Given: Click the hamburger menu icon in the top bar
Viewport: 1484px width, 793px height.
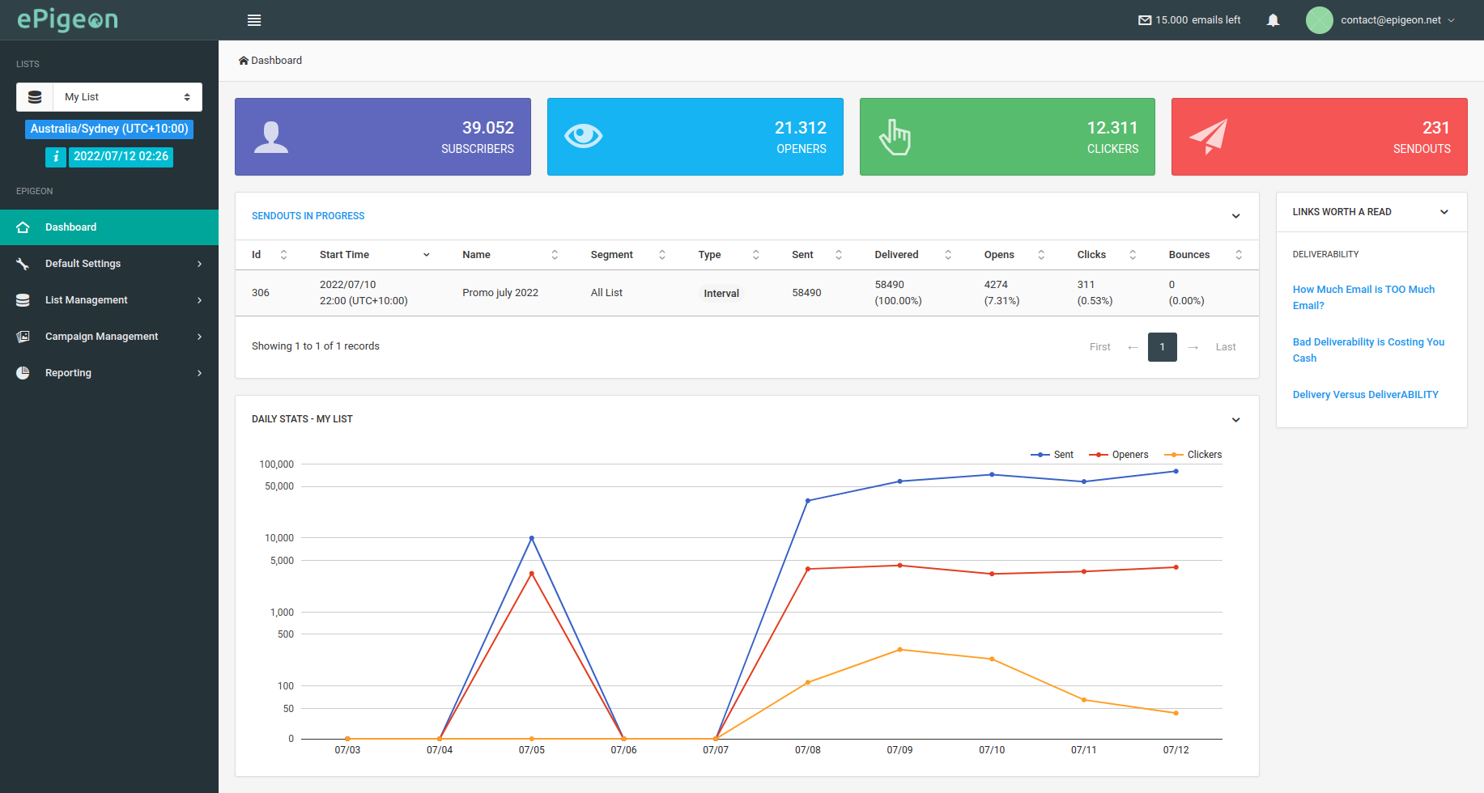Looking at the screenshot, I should click(x=254, y=20).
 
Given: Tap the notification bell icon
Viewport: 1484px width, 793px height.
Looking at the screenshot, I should click(x=1273, y=20).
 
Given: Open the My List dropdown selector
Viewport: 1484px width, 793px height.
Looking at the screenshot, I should click(x=126, y=97).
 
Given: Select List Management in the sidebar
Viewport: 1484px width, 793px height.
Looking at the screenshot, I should click(x=87, y=300).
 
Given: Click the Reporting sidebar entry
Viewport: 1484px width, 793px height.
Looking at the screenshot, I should click(x=69, y=373).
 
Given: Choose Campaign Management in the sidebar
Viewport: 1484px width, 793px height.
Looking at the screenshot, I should click(x=101, y=337).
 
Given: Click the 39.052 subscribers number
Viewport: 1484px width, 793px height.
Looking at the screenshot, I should click(x=487, y=128).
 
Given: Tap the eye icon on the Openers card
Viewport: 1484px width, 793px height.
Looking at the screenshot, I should click(x=583, y=136).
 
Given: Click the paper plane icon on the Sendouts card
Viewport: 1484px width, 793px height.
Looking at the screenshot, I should click(x=1208, y=136).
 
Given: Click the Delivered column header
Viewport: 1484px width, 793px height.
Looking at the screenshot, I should click(x=896, y=255).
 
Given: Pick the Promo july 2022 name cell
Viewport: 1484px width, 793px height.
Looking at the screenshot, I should click(x=500, y=293).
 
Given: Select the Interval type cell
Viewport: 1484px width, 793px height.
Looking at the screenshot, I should click(x=721, y=294).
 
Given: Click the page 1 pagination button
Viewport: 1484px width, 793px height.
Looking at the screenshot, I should click(x=1162, y=347).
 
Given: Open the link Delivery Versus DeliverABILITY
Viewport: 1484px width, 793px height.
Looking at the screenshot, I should click(x=1365, y=395).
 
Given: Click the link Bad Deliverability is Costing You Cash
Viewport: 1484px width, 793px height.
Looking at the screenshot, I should click(x=1368, y=350).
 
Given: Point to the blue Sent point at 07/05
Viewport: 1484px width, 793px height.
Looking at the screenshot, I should click(x=532, y=538).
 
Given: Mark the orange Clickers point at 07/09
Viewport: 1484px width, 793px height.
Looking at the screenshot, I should click(x=899, y=650).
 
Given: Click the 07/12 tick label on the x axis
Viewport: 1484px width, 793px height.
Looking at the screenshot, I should click(x=1176, y=750).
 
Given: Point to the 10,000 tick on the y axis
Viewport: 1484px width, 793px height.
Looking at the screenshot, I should click(x=279, y=538).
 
